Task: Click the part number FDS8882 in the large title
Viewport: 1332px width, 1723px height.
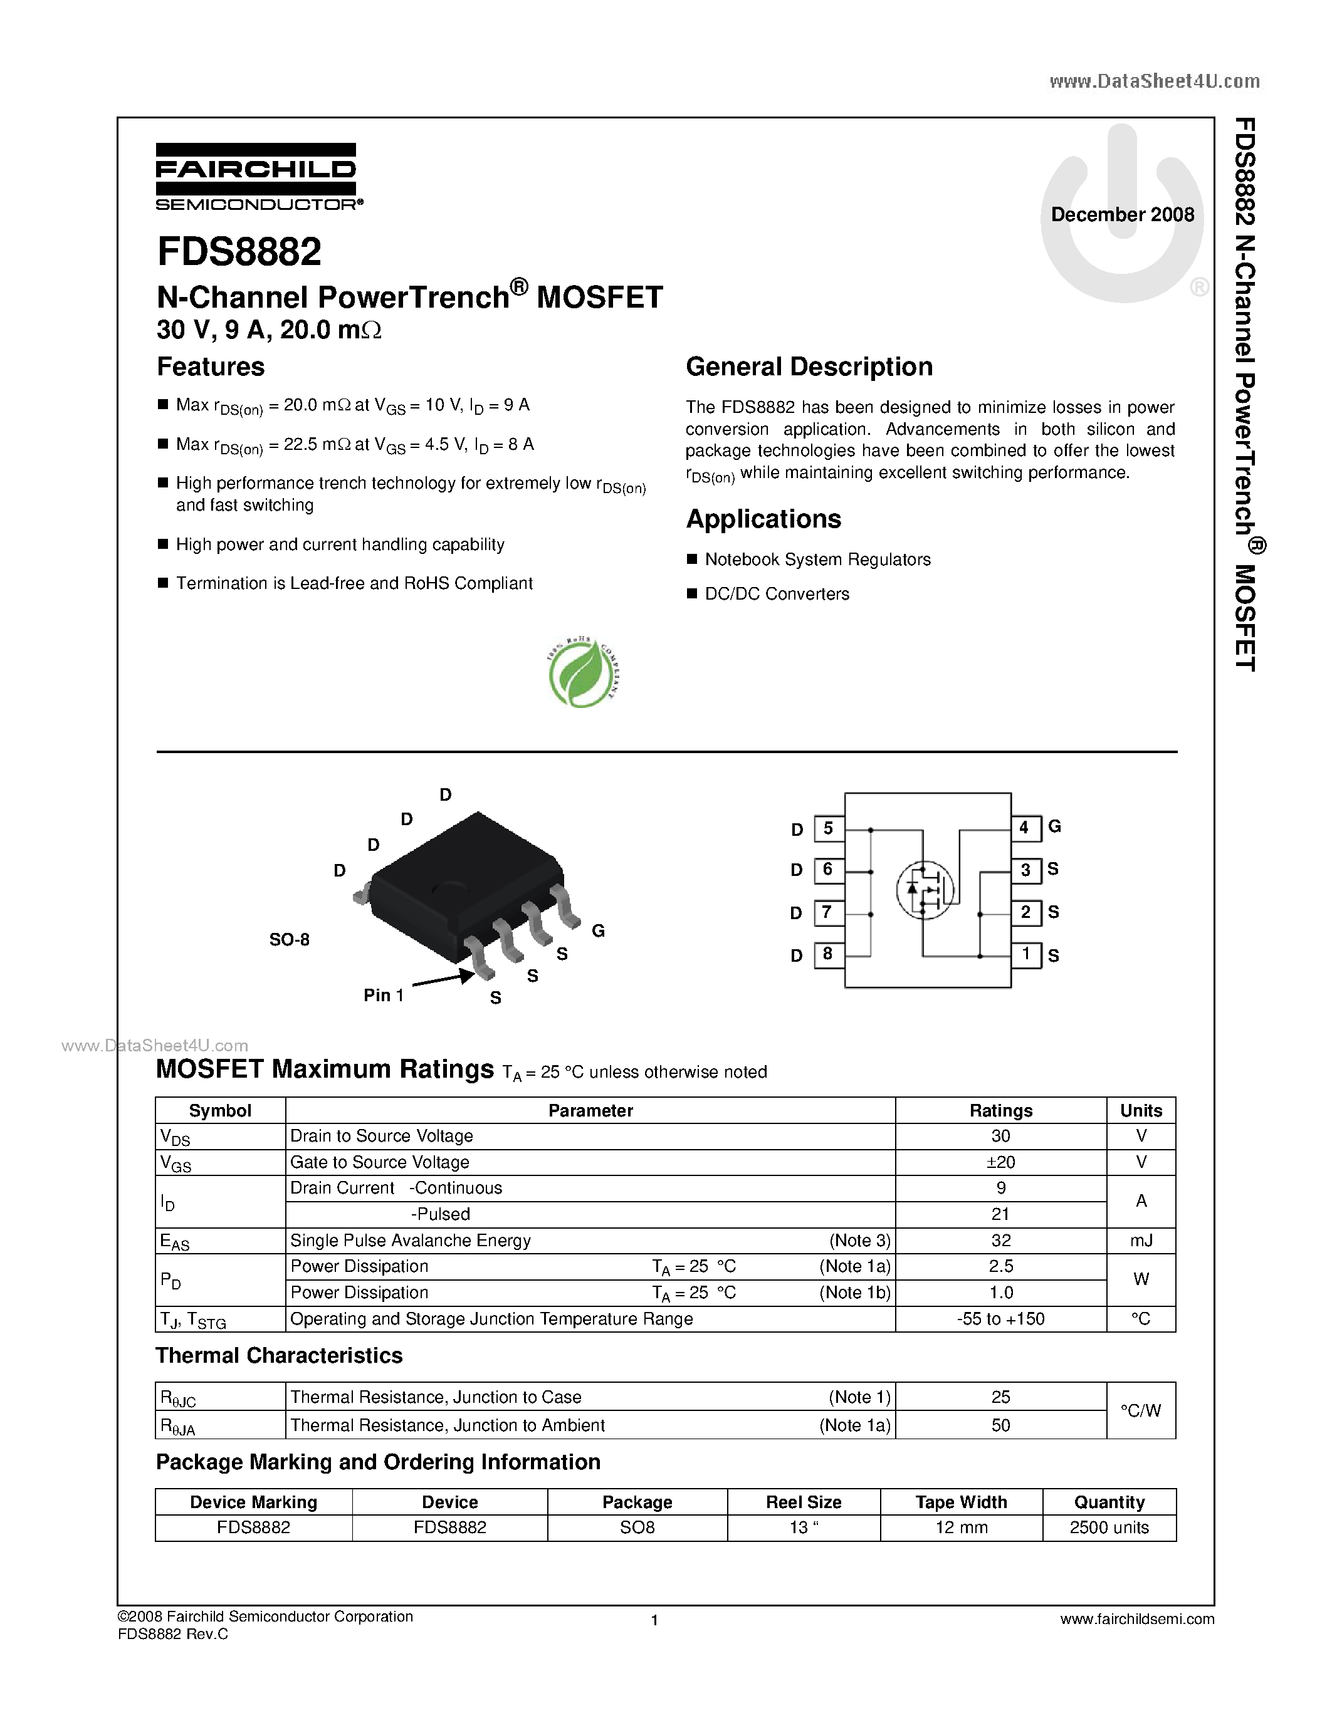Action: pos(239,252)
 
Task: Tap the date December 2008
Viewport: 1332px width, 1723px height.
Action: pos(1122,214)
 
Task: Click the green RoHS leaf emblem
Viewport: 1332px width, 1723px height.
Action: pos(582,672)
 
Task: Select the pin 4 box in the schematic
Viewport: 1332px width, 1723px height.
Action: pos(1024,828)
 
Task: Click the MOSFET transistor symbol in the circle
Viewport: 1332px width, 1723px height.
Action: pos(925,889)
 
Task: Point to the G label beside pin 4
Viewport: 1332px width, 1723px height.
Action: pos(1054,826)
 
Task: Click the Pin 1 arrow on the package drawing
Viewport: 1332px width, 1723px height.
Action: pos(443,980)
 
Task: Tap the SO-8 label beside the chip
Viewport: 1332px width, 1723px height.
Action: pos(289,940)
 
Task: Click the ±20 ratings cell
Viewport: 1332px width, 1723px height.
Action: pos(1000,1162)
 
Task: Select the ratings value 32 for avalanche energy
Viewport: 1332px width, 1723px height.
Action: pos(1000,1240)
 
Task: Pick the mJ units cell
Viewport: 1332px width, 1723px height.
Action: pos(1140,1240)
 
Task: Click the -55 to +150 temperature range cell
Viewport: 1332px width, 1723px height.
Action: pos(1000,1319)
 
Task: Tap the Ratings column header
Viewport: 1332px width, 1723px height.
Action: pos(1000,1110)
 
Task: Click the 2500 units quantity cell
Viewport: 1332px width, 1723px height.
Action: pos(1109,1528)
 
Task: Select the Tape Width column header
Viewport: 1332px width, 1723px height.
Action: pos(960,1502)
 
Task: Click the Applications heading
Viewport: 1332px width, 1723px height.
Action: pos(763,519)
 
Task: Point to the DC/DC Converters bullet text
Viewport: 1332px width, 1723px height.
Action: pos(777,594)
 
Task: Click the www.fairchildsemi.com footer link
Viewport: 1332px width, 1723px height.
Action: pos(1137,1619)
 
